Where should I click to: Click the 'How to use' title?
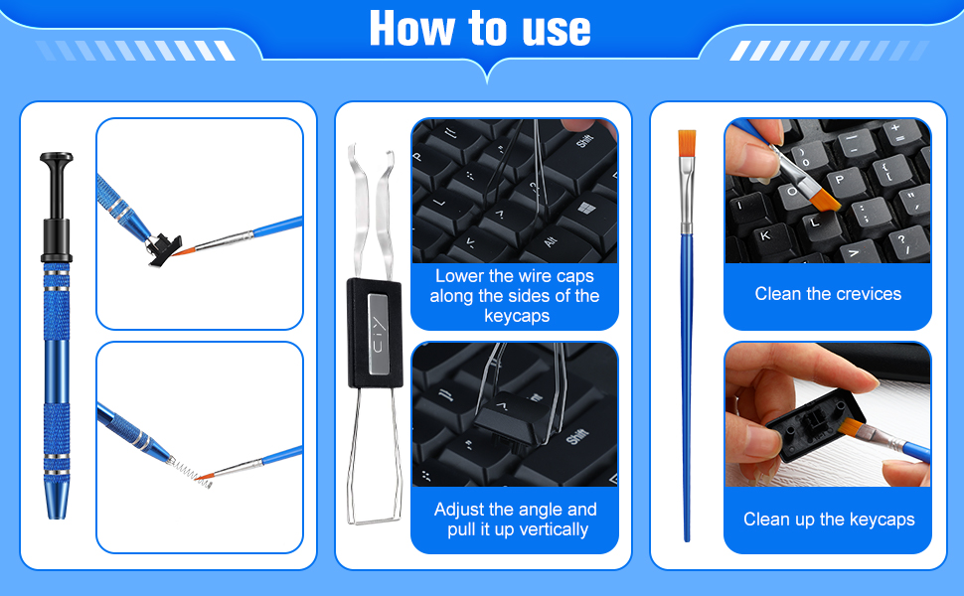(x=480, y=29)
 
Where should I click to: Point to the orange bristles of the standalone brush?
(x=686, y=143)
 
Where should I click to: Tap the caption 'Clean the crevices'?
(x=827, y=294)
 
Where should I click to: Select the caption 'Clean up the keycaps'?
(x=828, y=520)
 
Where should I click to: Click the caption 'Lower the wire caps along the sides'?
(x=514, y=296)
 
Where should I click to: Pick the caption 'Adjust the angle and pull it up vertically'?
(x=515, y=520)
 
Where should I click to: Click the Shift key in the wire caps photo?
(x=583, y=142)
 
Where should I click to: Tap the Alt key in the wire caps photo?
(x=551, y=241)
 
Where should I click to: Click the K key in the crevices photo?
(x=765, y=236)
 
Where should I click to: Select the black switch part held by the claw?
(x=163, y=246)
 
